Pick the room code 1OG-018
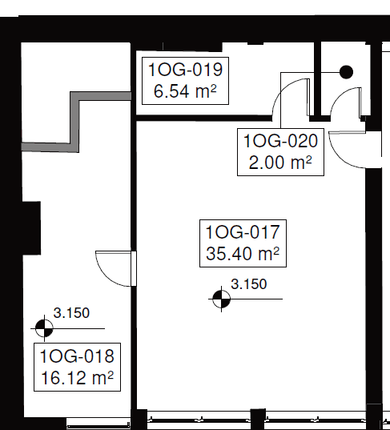(x=77, y=355)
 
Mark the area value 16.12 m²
(x=77, y=376)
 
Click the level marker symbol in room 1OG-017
(x=221, y=299)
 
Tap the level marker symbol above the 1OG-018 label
(x=45, y=328)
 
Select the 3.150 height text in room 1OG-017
(x=248, y=283)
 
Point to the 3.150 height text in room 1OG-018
(x=70, y=313)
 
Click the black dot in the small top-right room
(x=346, y=72)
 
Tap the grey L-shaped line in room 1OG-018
(x=76, y=120)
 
